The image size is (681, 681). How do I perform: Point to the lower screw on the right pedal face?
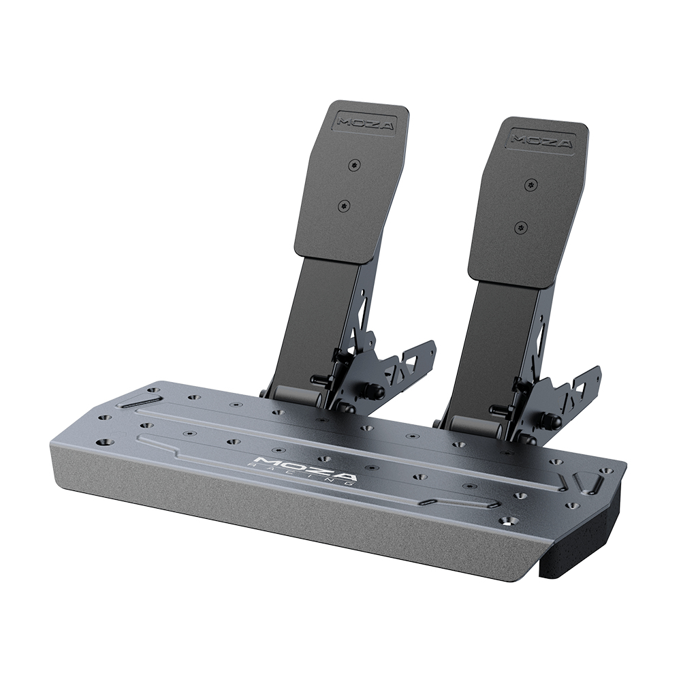pos(522,227)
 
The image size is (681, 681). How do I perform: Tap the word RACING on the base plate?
pos(304,475)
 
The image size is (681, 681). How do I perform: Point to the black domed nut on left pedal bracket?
pos(374,392)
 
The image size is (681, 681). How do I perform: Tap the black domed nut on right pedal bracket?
pos(550,422)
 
